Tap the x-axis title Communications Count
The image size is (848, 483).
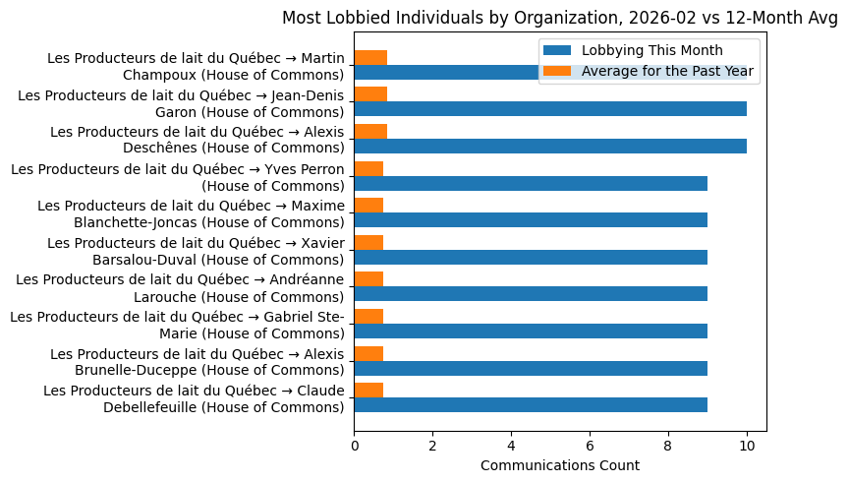(x=560, y=465)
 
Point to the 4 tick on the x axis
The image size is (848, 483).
(x=511, y=444)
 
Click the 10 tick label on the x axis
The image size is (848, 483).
(x=747, y=444)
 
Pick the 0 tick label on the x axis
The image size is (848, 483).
(x=355, y=444)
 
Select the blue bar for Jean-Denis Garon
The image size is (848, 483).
(x=550, y=109)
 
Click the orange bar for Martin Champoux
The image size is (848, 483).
(x=370, y=57)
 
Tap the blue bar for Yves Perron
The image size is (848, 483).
(x=531, y=183)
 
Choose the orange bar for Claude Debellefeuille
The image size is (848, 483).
(x=368, y=390)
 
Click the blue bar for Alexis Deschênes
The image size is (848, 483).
(x=550, y=147)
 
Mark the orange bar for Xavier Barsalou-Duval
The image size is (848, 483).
(x=368, y=242)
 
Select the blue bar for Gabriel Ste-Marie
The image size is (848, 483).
(x=531, y=331)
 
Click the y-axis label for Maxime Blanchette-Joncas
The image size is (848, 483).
(x=191, y=213)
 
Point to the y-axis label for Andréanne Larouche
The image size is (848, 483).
(x=181, y=287)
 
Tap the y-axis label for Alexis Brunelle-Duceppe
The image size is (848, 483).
(x=198, y=361)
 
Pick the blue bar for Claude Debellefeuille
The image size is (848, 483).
(x=531, y=404)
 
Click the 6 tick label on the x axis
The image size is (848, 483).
(x=590, y=444)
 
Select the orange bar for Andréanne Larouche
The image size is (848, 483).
(x=368, y=279)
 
